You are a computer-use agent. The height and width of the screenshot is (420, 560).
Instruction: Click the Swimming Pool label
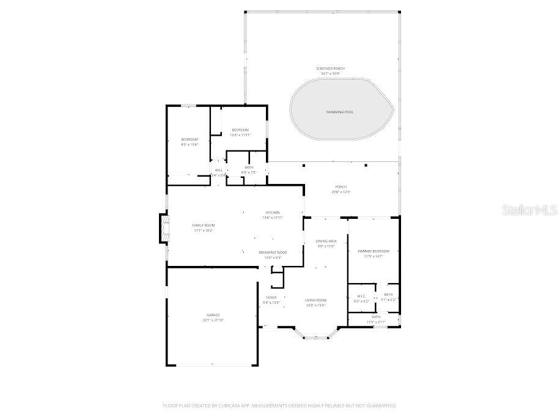[x=339, y=112]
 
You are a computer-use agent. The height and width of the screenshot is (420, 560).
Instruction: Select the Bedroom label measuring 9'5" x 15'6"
[x=189, y=139]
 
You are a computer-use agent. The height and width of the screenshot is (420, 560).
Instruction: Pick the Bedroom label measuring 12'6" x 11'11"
[x=240, y=130]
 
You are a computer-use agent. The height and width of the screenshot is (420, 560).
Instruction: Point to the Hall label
[x=218, y=170]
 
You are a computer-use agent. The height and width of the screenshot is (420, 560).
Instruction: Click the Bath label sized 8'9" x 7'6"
[x=249, y=168]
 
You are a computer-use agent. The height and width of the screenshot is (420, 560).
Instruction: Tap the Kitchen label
[x=272, y=213]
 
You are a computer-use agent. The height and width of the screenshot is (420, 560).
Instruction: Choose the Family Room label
[x=204, y=226]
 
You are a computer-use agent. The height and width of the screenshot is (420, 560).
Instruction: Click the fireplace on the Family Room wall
[x=163, y=229]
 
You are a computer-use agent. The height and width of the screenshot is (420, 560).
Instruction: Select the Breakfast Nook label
[x=273, y=252]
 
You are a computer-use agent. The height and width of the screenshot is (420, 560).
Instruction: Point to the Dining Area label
[x=326, y=241]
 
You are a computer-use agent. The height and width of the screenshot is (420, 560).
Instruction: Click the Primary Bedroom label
[x=373, y=251]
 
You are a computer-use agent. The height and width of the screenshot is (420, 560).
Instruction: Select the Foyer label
[x=271, y=298]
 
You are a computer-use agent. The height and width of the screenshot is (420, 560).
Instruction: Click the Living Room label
[x=315, y=300]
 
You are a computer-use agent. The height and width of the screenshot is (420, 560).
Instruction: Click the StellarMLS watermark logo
[x=529, y=210]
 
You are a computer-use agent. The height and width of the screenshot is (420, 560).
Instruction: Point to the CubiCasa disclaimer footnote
[x=279, y=405]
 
